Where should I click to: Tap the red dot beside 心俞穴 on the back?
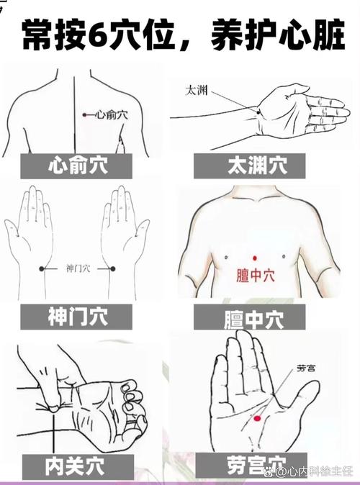click(x=84, y=114)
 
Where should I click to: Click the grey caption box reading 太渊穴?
click(x=257, y=166)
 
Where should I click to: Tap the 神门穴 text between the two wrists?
click(x=78, y=268)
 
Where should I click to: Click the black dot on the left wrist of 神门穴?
click(x=42, y=268)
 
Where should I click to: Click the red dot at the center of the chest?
click(x=254, y=258)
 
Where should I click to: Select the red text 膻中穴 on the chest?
click(x=254, y=276)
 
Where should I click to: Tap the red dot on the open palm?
click(x=256, y=417)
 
